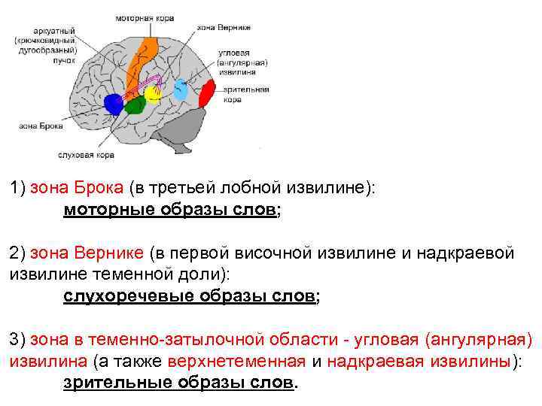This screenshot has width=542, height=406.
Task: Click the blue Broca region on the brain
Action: (x=114, y=104)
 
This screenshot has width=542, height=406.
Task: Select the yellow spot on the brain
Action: (x=153, y=93)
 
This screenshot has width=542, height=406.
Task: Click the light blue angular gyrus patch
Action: (x=181, y=90)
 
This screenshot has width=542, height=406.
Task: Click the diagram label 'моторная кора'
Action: (x=145, y=17)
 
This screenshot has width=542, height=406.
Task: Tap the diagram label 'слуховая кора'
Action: (x=86, y=155)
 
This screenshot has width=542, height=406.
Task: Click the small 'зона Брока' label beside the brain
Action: (x=35, y=127)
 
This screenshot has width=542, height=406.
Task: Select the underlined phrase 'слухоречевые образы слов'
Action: (x=188, y=296)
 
